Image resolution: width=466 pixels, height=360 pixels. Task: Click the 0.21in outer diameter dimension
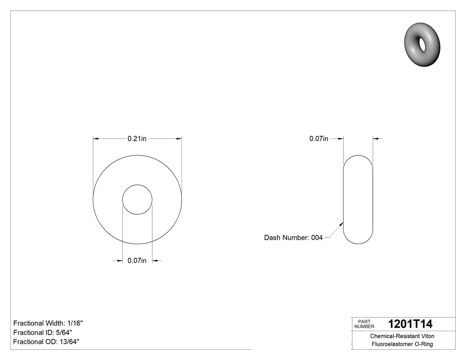[x=137, y=139]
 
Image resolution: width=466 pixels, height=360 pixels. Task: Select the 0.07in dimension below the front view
[x=137, y=261]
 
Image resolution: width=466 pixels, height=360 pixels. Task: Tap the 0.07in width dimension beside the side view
[x=319, y=139]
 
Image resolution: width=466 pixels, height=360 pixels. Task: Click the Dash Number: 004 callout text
[x=293, y=238]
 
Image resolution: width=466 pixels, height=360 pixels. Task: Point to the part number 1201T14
[x=410, y=324]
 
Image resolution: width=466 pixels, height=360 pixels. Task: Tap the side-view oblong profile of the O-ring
[x=358, y=199]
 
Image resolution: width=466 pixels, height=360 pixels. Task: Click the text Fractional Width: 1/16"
[x=48, y=323]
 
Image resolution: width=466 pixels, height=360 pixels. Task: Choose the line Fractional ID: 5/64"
[x=43, y=332]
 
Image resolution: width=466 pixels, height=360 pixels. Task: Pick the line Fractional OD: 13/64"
[x=46, y=341]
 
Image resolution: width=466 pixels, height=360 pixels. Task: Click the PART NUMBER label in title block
[x=364, y=324]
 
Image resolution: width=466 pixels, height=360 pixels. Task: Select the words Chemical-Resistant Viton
[x=402, y=336]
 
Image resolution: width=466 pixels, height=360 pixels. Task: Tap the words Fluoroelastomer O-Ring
[x=402, y=344]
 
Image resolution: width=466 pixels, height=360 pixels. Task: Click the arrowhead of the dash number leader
[x=342, y=224]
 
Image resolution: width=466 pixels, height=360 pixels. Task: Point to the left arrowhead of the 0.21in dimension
[x=95, y=139]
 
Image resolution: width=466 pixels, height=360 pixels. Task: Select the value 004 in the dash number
[x=316, y=238]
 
